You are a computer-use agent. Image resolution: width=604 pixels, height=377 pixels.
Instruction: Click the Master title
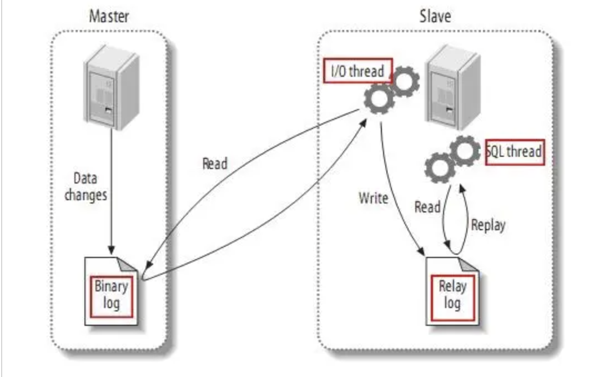tap(109, 15)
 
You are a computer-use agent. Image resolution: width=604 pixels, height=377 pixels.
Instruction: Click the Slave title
tap(435, 15)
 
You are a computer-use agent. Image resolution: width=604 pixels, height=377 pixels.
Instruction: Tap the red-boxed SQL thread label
tap(514, 151)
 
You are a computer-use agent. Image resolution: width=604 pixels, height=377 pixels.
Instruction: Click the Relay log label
tap(452, 295)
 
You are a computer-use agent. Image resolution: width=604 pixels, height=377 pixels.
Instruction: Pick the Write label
tap(373, 198)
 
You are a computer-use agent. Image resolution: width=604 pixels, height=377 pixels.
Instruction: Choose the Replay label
tap(488, 225)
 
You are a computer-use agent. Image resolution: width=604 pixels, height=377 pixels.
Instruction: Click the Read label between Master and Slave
tap(215, 164)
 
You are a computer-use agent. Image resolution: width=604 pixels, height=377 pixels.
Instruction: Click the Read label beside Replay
tap(427, 207)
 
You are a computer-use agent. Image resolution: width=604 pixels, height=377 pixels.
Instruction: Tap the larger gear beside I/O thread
tap(377, 99)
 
